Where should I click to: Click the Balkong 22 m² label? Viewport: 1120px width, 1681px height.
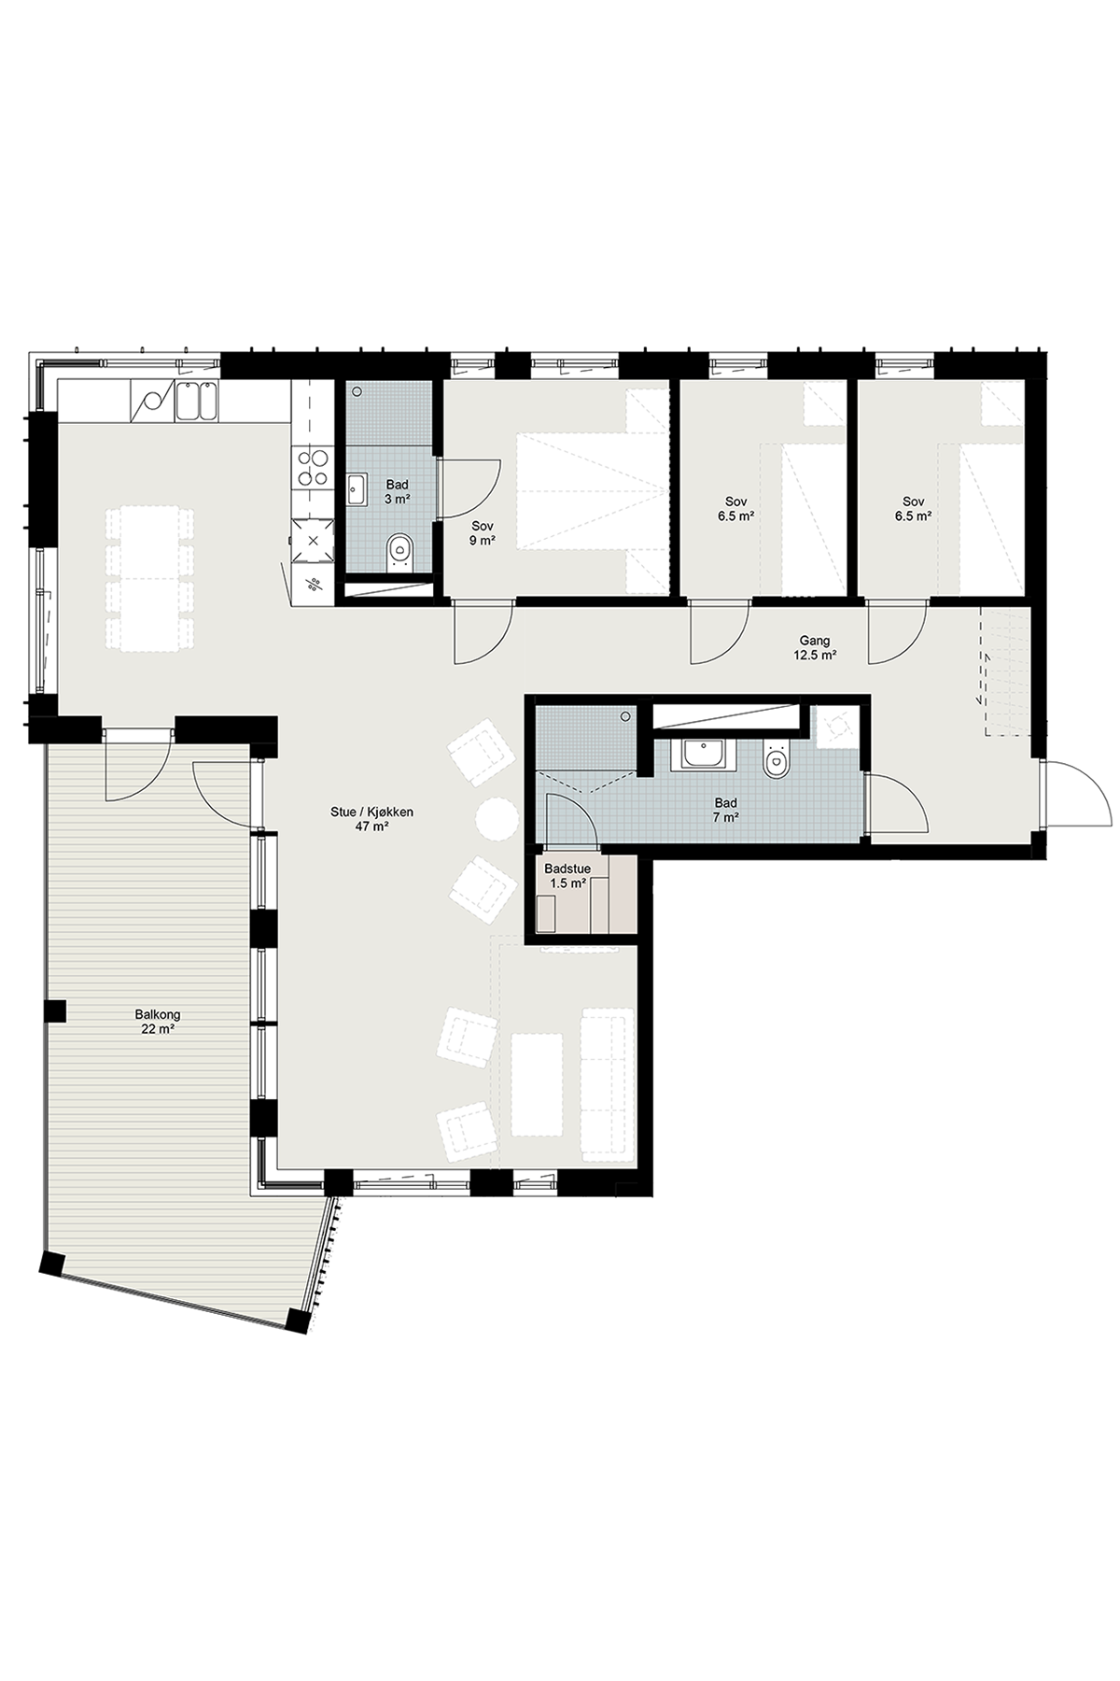pos(156,1021)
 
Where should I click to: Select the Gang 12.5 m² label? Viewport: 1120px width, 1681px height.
pos(815,648)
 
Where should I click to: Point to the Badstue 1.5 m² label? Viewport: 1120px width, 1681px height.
pos(567,875)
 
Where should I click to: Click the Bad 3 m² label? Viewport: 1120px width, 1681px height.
pos(398,491)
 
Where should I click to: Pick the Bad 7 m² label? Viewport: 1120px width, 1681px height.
pos(725,810)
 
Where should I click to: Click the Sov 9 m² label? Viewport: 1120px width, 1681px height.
pos(482,532)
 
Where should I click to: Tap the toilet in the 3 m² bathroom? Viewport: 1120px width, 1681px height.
pos(400,551)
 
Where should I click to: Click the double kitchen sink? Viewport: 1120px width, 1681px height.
pos(198,402)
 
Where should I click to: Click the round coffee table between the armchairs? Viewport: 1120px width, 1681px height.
pos(497,820)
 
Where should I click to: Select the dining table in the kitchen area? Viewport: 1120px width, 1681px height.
pos(149,578)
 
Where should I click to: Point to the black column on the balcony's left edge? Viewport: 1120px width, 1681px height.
pos(55,1010)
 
